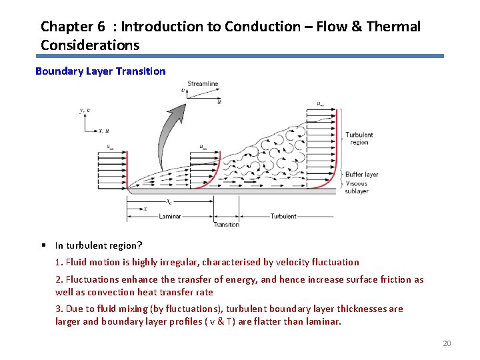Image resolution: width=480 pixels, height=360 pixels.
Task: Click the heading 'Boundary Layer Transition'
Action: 100,71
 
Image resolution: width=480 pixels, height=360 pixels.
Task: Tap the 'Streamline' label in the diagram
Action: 203,84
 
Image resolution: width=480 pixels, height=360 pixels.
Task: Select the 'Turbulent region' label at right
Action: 359,139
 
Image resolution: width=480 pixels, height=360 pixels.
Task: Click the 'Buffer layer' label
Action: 361,175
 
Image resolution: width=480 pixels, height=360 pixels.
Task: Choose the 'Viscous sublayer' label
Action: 357,187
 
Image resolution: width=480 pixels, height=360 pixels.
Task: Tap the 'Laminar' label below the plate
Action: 169,216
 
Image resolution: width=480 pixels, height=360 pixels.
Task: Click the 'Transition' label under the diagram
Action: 226,225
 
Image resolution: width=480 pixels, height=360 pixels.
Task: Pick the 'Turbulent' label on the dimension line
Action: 283,216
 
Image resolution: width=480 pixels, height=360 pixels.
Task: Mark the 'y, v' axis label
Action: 84,110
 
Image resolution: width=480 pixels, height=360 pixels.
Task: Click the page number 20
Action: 447,343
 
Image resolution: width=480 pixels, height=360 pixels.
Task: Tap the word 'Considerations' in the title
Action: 90,45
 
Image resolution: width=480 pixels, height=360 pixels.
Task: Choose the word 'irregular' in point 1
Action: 173,262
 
